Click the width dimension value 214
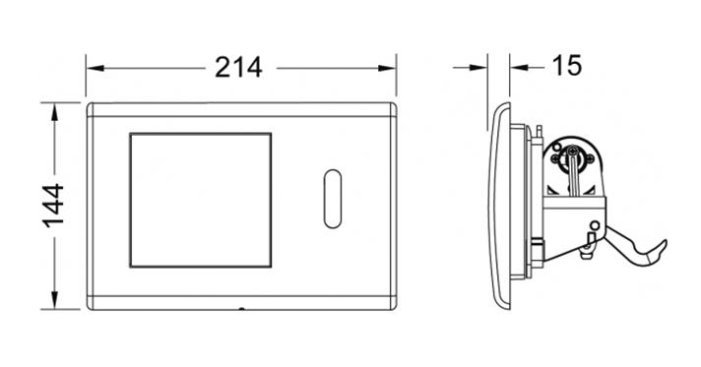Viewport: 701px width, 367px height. click(238, 68)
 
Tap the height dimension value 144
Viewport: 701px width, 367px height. click(54, 206)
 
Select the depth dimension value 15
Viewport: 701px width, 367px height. click(567, 66)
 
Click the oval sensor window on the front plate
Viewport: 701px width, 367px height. click(332, 199)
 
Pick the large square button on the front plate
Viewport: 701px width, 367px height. click(200, 200)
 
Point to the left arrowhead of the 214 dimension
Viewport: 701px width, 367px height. click(95, 69)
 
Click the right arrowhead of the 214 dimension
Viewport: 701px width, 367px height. click(387, 69)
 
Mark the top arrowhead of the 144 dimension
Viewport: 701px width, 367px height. click(54, 112)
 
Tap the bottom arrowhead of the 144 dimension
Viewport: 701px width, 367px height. click(54, 300)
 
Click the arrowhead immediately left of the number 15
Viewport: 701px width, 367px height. click(519, 68)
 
